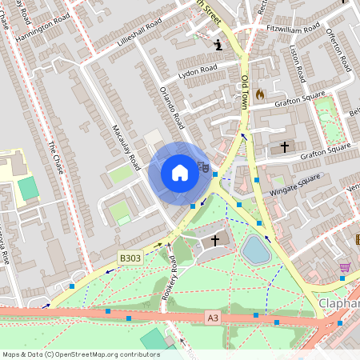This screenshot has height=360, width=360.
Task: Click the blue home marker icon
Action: coord(180,173)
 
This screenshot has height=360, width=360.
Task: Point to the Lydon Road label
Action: coord(197,70)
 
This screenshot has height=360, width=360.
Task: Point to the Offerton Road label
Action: coord(338,50)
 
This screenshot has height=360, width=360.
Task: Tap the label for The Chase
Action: coord(54,159)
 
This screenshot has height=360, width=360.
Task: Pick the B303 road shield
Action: coord(130,258)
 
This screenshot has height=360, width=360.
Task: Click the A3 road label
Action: coord(213,318)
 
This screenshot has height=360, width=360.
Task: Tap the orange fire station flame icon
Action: coord(259,94)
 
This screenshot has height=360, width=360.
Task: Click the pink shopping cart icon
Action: coord(345,267)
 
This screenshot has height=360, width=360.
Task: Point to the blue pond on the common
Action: coord(256,250)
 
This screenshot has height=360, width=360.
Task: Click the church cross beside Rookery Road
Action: coord(214,240)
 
